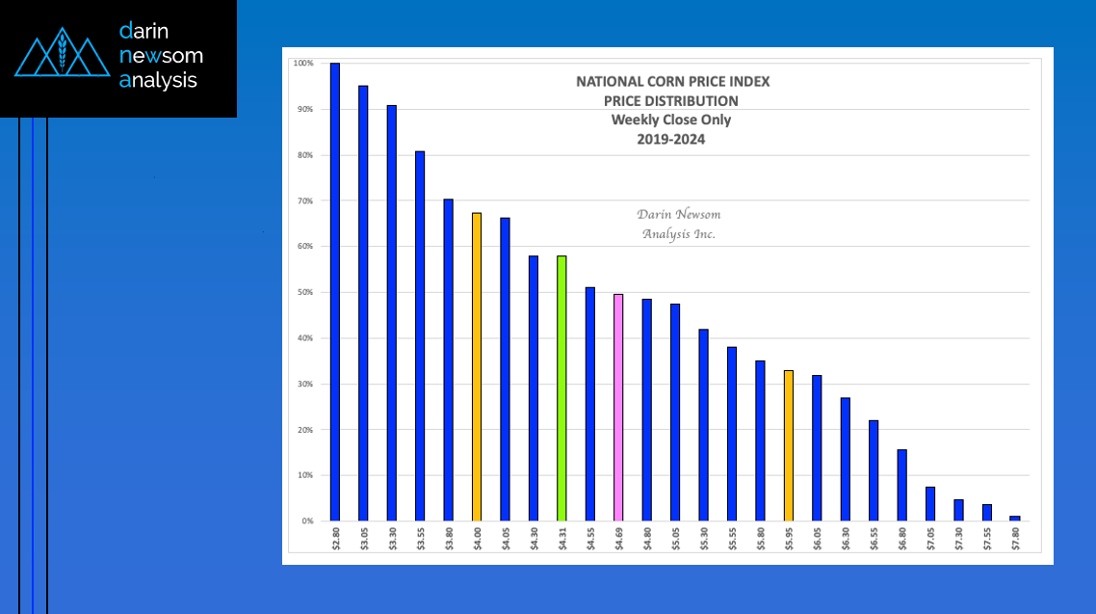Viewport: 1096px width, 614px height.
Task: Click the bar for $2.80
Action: click(x=335, y=292)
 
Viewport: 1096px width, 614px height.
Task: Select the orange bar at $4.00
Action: click(x=477, y=367)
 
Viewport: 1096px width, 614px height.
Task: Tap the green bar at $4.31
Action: click(x=561, y=388)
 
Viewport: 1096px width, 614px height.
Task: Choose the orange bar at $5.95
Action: click(x=789, y=445)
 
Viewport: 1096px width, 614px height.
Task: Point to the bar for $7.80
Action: click(x=1015, y=519)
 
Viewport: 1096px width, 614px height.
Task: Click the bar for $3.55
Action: click(x=420, y=336)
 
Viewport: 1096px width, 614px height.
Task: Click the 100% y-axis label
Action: click(x=303, y=64)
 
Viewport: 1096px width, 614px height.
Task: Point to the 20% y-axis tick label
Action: click(x=304, y=430)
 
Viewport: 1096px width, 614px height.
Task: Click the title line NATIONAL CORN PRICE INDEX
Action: click(x=672, y=82)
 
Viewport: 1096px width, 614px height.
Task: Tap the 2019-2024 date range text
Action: click(x=671, y=139)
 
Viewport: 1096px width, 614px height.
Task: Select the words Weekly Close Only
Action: click(x=671, y=120)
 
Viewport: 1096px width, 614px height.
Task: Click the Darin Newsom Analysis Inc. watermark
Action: click(x=678, y=225)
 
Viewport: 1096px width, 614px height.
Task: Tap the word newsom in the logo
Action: click(x=161, y=55)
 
